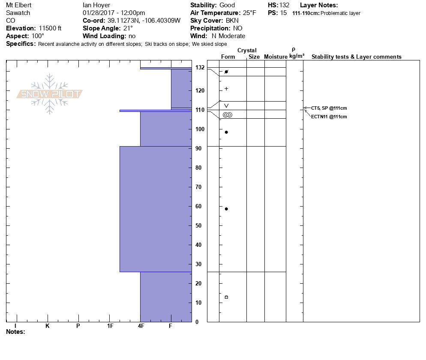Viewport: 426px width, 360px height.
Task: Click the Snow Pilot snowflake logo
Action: [50, 94]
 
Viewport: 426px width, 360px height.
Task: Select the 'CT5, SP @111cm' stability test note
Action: [329, 108]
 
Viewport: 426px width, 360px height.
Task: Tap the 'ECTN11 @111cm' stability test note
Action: [329, 117]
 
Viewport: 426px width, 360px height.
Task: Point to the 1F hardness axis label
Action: [110, 326]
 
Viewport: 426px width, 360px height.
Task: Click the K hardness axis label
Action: [47, 326]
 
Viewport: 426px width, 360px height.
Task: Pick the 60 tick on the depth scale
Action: [199, 206]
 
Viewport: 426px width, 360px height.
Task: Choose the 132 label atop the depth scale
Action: [199, 67]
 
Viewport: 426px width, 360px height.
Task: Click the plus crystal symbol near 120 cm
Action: [226, 89]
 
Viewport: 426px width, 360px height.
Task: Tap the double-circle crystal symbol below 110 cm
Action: [227, 114]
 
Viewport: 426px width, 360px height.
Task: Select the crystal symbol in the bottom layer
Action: [226, 297]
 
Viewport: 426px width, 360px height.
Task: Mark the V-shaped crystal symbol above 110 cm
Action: [226, 105]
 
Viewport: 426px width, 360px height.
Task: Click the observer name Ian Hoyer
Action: [96, 5]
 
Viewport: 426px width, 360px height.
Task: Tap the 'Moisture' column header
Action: [275, 57]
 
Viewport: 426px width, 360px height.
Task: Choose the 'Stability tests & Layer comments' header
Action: [356, 57]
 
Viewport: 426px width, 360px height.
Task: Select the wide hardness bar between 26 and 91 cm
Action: [156, 209]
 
